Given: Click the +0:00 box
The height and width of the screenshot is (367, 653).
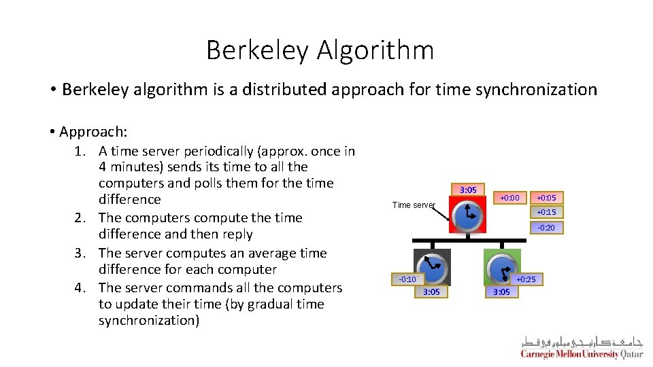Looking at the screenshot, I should pyautogui.click(x=509, y=198).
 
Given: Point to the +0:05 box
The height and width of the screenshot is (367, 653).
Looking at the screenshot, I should pyautogui.click(x=546, y=198).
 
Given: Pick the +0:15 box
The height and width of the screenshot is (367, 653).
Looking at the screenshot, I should pyautogui.click(x=546, y=212).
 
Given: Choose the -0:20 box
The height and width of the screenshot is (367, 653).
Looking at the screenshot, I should pyautogui.click(x=546, y=228).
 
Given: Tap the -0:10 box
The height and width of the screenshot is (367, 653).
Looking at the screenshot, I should pyautogui.click(x=407, y=279).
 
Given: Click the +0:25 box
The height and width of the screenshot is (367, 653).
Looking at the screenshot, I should pyautogui.click(x=526, y=279).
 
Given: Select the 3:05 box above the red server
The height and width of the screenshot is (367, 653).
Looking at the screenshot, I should pyautogui.click(x=468, y=190).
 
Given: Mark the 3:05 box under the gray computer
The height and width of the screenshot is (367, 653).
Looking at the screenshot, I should pyautogui.click(x=431, y=292).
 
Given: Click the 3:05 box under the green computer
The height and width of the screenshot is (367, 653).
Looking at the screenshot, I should pyautogui.click(x=501, y=292).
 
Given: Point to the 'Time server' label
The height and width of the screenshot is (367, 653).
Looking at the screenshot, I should pyautogui.click(x=413, y=205).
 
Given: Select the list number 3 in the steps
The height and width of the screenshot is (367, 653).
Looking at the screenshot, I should pyautogui.click(x=79, y=254).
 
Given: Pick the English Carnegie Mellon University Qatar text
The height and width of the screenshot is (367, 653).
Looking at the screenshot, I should pyautogui.click(x=581, y=354).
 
